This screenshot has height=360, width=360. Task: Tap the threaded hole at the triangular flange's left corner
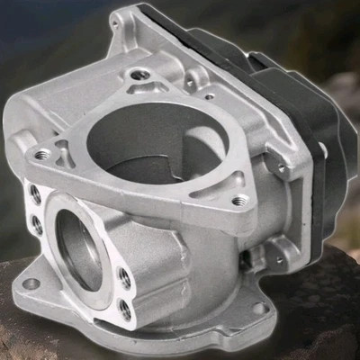coord(40,154)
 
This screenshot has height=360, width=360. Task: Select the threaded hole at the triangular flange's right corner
coord(238,201)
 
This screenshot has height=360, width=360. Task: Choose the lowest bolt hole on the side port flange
coord(124,308)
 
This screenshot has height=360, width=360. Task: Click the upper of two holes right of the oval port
coord(123,278)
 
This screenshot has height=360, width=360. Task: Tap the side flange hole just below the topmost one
coord(37,220)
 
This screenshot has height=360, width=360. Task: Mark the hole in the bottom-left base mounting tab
coord(30,284)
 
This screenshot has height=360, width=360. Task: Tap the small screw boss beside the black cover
coord(282,167)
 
